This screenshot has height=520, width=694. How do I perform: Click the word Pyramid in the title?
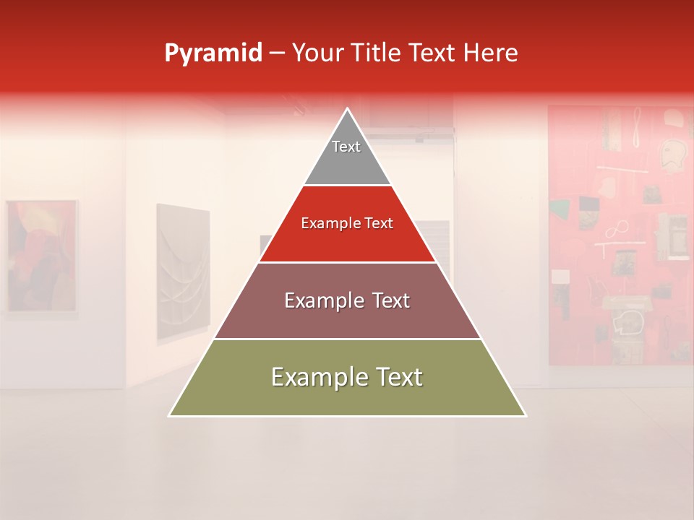click(x=213, y=53)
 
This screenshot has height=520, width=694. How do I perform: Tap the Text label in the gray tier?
click(x=346, y=147)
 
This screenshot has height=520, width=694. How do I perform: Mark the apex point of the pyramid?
click(x=348, y=109)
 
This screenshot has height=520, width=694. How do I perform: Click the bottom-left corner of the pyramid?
click(x=169, y=415)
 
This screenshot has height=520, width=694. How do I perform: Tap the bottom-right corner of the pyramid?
click(x=526, y=415)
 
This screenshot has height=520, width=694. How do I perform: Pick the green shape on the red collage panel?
click(x=559, y=210)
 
